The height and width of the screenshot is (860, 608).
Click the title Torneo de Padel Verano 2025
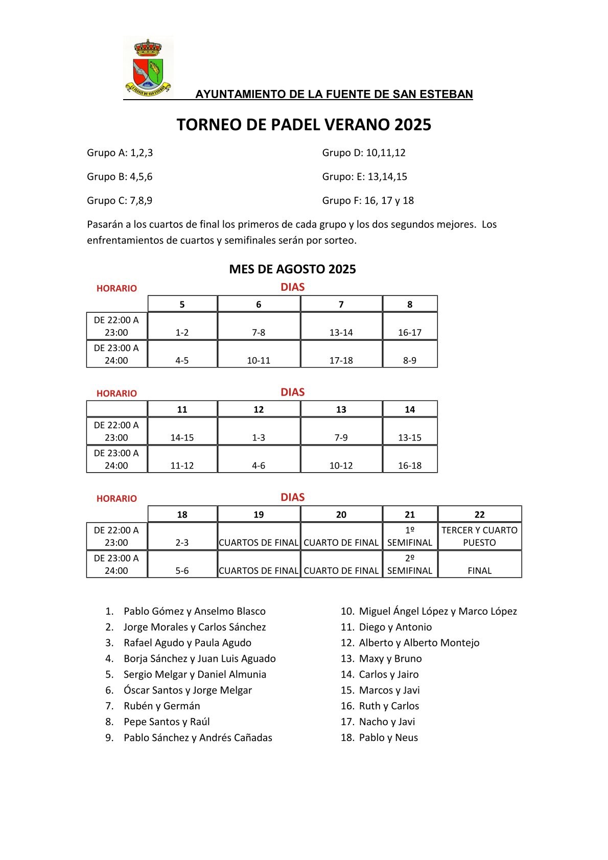point(304,125)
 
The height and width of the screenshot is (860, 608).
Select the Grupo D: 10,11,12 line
point(364,153)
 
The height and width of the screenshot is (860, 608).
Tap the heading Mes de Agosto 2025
point(292,269)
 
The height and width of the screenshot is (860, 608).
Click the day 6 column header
point(259,305)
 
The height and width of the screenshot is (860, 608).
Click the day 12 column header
point(259,410)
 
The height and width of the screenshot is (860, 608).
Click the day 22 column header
point(479,515)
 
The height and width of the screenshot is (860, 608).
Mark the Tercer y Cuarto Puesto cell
point(479,537)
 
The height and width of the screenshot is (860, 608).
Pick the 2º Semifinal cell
point(410,565)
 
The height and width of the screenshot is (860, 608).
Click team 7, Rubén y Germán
point(161,706)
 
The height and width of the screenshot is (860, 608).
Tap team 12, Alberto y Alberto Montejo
point(419,643)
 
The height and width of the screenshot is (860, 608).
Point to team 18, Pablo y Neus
point(388,738)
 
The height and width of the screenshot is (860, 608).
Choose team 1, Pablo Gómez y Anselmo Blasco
point(194,612)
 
